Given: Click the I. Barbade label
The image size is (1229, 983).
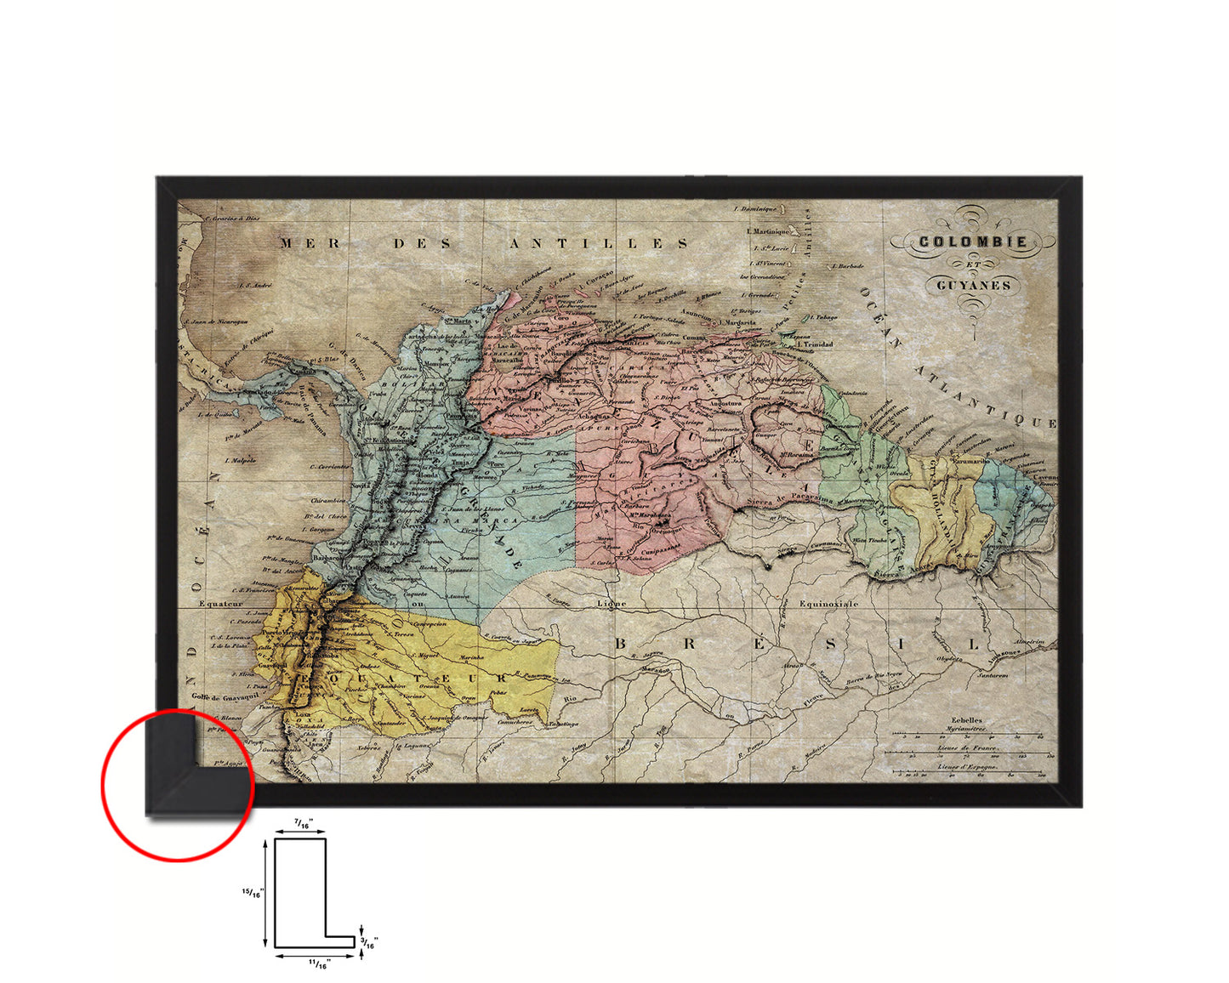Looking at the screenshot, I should point(847,266).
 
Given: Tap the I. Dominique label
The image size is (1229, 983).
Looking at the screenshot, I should point(756,208).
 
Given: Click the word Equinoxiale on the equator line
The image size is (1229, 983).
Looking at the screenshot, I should point(828,604).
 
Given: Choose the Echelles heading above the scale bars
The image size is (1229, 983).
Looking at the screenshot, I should point(967,719).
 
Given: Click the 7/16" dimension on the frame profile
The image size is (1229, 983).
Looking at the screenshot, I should point(303,824).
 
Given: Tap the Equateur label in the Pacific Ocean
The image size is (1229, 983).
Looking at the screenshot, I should point(222,605).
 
